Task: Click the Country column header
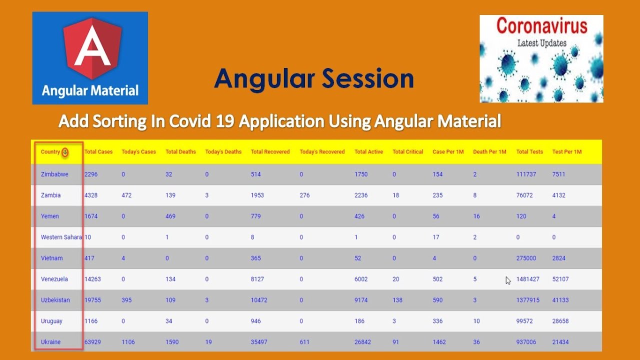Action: pyautogui.click(x=50, y=152)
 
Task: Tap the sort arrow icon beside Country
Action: pyautogui.click(x=65, y=152)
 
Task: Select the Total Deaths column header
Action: pyautogui.click(x=180, y=152)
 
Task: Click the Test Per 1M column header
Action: pyautogui.click(x=566, y=152)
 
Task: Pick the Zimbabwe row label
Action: pyautogui.click(x=54, y=174)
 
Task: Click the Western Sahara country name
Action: pyautogui.click(x=61, y=237)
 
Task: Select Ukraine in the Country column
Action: pyautogui.click(x=50, y=342)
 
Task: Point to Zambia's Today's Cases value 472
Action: pyautogui.click(x=126, y=195)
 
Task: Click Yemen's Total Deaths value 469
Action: pyautogui.click(x=170, y=216)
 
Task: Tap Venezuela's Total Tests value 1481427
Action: pyautogui.click(x=527, y=279)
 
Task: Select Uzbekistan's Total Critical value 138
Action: pyautogui.click(x=397, y=300)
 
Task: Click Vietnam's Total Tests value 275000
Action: pyautogui.click(x=526, y=258)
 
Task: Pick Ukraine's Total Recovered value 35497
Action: pyautogui.click(x=259, y=342)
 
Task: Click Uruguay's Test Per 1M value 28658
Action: pyautogui.click(x=560, y=321)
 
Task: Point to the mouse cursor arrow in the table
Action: pyautogui.click(x=507, y=280)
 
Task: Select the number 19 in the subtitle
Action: pyautogui.click(x=226, y=121)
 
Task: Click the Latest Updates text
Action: pyautogui.click(x=541, y=43)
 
